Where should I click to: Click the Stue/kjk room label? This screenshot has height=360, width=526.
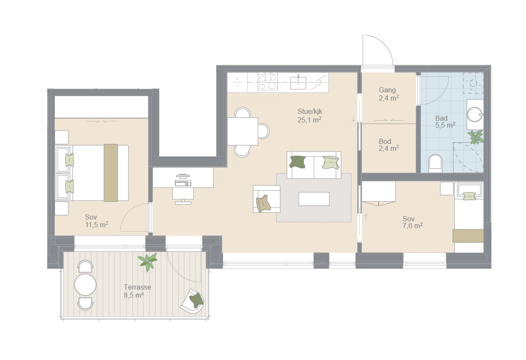point(310,112)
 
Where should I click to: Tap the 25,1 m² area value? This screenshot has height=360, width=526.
point(309,120)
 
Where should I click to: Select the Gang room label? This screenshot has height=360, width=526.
point(387,90)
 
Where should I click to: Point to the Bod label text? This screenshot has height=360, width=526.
point(385,141)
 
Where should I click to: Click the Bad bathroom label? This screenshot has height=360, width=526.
point(441,118)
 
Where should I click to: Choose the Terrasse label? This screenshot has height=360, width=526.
point(138,287)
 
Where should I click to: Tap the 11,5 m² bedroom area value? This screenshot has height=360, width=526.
point(97,225)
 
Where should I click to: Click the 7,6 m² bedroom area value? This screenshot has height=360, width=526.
point(413,226)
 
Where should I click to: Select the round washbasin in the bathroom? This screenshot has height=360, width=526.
point(475,115)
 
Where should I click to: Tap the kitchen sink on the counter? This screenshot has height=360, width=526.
point(298,83)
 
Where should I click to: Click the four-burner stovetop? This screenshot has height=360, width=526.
point(268,82)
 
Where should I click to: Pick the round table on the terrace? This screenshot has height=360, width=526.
point(85,285)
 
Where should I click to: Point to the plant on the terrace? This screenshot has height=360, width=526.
point(147,262)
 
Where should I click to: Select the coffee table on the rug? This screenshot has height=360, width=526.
point(314,199)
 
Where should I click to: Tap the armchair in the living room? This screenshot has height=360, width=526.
point(266,199)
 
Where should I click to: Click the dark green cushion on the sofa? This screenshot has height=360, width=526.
point(297,162)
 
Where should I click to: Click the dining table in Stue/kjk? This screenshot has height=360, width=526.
point(243,131)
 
